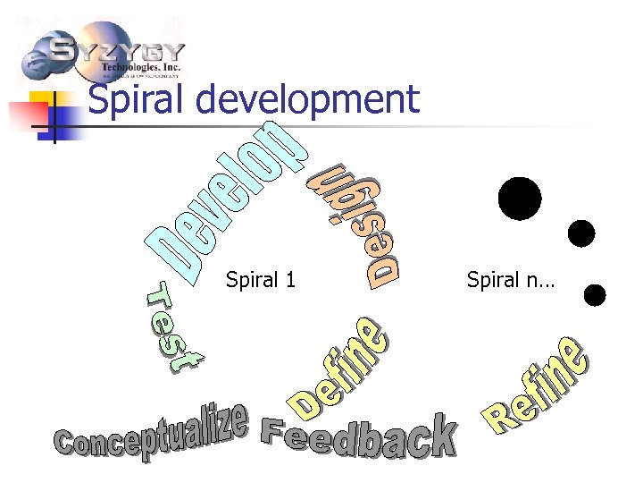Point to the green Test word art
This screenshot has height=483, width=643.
tap(174, 327)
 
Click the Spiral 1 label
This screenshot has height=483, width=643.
tap(261, 281)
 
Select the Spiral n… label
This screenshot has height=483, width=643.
tap(510, 281)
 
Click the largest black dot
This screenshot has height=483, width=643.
tap(520, 199)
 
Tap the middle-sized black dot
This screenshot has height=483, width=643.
tap(580, 233)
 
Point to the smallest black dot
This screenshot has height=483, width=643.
tap(594, 294)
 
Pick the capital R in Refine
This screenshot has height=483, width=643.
tap(498, 418)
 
